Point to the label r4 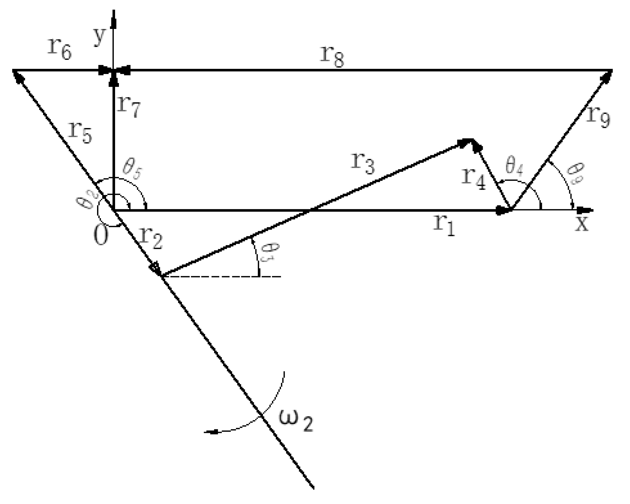point(474,180)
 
